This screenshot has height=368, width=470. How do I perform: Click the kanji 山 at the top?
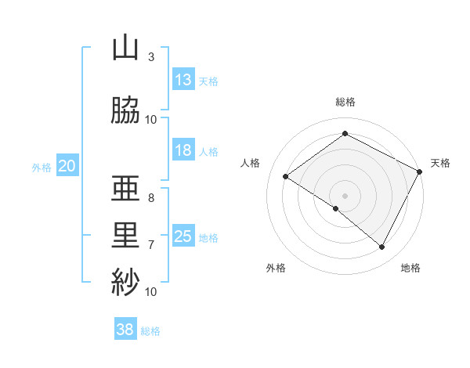pyautogui.click(x=125, y=49)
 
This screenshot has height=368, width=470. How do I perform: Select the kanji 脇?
pyautogui.click(x=125, y=110)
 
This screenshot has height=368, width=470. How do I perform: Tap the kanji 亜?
pyautogui.click(x=125, y=190)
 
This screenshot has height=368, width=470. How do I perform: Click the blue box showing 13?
pyautogui.click(x=183, y=80)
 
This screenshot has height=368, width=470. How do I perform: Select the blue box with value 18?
pyautogui.click(x=183, y=150)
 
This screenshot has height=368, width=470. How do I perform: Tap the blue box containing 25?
pyautogui.click(x=183, y=236)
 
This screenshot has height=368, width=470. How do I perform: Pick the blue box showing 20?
pyautogui.click(x=67, y=166)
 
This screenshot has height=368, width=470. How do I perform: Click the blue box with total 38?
pyautogui.click(x=125, y=330)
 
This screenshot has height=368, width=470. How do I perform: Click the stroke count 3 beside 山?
pyautogui.click(x=151, y=57)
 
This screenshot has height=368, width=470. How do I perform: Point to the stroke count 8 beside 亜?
pyautogui.click(x=151, y=198)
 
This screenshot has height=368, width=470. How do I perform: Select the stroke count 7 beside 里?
pyautogui.click(x=151, y=245)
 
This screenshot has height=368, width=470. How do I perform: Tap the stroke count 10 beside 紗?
pyautogui.click(x=151, y=292)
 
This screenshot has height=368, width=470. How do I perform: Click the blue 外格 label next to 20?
pyautogui.click(x=42, y=167)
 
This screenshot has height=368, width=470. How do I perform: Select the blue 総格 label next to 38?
pyautogui.click(x=150, y=331)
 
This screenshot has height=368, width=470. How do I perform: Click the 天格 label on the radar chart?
pyautogui.click(x=440, y=163)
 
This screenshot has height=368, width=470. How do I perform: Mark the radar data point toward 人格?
pyautogui.click(x=286, y=177)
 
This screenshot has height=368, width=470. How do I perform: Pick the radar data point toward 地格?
pyautogui.click(x=382, y=247)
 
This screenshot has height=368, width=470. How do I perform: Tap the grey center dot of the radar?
pyautogui.click(x=345, y=195)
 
